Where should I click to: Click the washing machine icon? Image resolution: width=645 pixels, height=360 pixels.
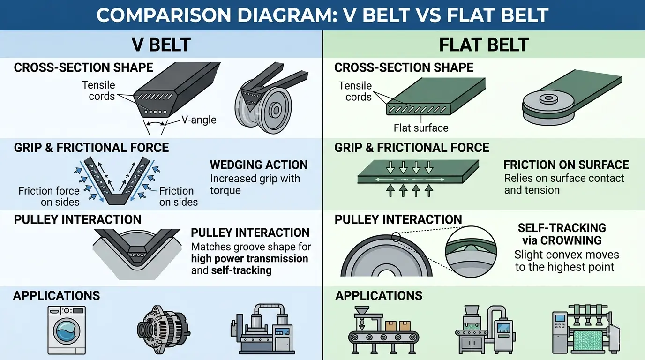pyautogui.click(x=67, y=330)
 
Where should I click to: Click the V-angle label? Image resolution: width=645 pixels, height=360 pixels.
pyautogui.click(x=199, y=120)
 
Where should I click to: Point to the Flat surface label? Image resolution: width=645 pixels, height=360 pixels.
pyautogui.click(x=421, y=127)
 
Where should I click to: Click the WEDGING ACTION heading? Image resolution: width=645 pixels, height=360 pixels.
pyautogui.click(x=259, y=165)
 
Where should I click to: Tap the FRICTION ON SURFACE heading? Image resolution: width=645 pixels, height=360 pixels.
pyautogui.click(x=566, y=165)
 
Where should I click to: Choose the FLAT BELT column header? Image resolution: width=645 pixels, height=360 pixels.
pyautogui.click(x=483, y=45)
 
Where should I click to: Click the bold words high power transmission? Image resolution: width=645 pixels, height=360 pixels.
pyautogui.click(x=250, y=258)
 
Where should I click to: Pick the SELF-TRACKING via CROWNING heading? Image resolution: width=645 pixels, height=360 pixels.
pyautogui.click(x=562, y=234)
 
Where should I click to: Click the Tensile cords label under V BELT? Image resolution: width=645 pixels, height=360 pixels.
pyautogui.click(x=98, y=91)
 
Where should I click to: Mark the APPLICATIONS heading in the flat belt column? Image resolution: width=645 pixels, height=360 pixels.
pyautogui.click(x=379, y=296)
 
